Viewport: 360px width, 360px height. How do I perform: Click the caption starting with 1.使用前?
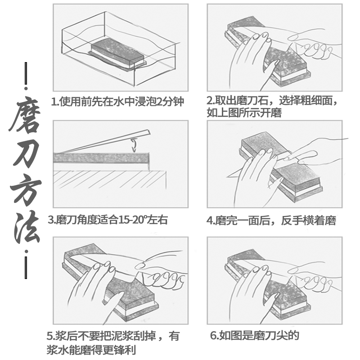[x=118, y=101]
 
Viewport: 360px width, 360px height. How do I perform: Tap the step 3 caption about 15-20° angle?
[x=108, y=220]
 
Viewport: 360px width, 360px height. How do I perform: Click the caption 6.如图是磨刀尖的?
[x=254, y=335]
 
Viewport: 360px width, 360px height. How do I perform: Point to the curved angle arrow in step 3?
[x=133, y=145]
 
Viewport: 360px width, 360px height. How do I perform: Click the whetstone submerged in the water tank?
[x=118, y=53]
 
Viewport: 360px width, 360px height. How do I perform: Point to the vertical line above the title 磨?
[x=26, y=74]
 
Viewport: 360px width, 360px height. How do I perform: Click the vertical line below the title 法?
[x=26, y=267]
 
